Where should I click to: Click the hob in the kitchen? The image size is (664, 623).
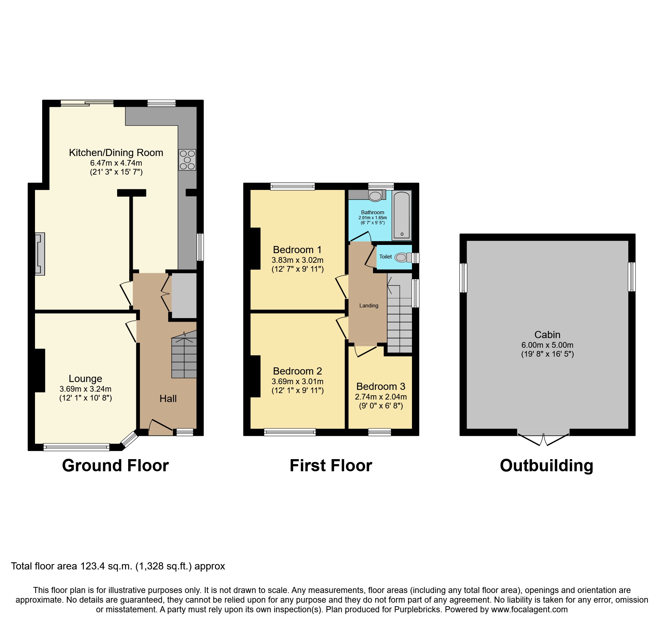tap(187, 160)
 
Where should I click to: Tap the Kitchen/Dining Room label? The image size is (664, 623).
tap(116, 153)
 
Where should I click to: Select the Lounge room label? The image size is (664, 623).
tap(85, 378)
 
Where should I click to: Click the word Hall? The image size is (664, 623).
tap(168, 398)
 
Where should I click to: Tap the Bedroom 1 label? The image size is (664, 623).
tap(297, 250)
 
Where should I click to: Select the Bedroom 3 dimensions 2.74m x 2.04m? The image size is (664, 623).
tap(381, 397)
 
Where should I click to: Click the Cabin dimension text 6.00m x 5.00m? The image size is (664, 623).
tap(547, 345)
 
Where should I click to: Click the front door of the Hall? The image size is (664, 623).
tap(160, 427)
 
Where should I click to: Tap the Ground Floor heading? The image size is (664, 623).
tap(115, 466)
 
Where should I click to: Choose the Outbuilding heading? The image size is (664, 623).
tap(546, 466)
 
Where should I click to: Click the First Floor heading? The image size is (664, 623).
tap(331, 466)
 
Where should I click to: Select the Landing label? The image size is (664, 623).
tap(368, 306)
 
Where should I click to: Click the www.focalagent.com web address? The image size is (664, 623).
tap(529, 609)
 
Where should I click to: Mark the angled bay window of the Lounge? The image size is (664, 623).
tap(129, 439)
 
